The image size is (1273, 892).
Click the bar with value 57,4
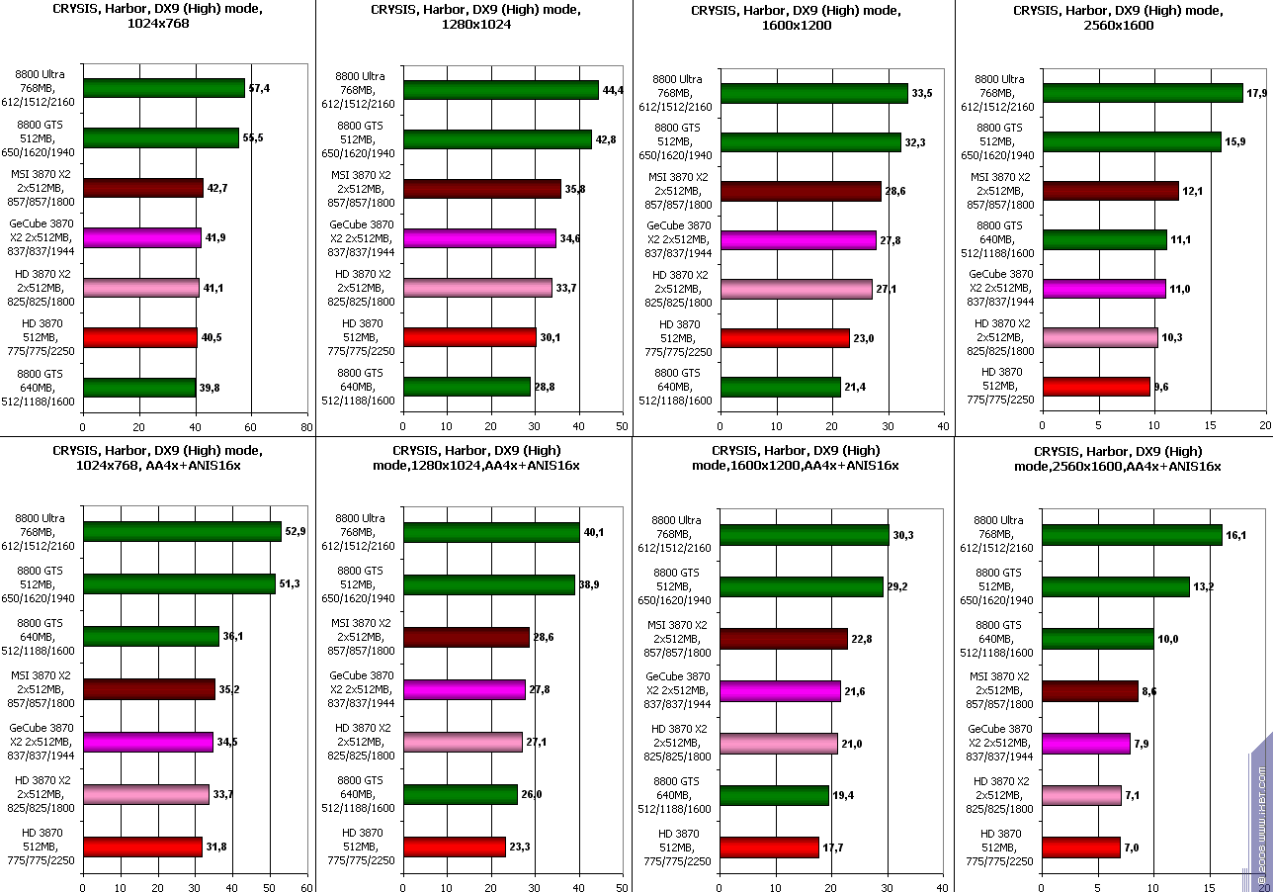pyautogui.click(x=163, y=88)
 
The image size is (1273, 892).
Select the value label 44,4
pyautogui.click(x=614, y=90)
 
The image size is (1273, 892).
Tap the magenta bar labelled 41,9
pyautogui.click(x=142, y=237)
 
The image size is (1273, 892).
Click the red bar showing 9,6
pyautogui.click(x=1096, y=386)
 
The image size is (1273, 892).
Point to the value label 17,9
pyautogui.click(x=1257, y=93)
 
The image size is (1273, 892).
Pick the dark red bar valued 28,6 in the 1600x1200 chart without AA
pyautogui.click(x=801, y=191)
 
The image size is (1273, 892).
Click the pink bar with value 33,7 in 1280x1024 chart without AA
pyautogui.click(x=477, y=288)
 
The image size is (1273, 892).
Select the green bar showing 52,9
pyautogui.click(x=182, y=532)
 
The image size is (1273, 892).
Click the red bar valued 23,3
pyautogui.click(x=455, y=847)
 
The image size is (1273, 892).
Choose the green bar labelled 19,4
pyautogui.click(x=774, y=795)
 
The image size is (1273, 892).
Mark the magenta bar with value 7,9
pyautogui.click(x=1086, y=743)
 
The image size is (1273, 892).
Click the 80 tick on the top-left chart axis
pyautogui.click(x=305, y=428)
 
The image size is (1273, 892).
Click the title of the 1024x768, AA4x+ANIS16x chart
pyautogui.click(x=157, y=458)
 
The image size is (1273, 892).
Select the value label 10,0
pyautogui.click(x=1168, y=639)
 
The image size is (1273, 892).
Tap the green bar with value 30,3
pyautogui.click(x=805, y=535)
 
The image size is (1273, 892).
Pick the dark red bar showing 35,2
pyautogui.click(x=149, y=689)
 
